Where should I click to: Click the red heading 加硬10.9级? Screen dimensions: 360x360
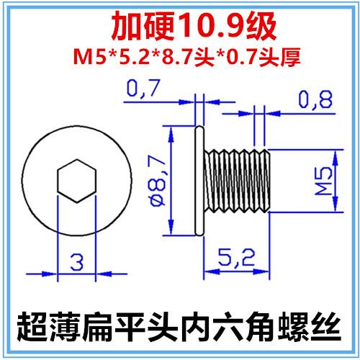pos(180,27)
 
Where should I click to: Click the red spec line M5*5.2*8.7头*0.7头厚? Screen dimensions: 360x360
pos(180,55)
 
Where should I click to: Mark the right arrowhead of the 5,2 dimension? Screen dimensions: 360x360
pos(266,271)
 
